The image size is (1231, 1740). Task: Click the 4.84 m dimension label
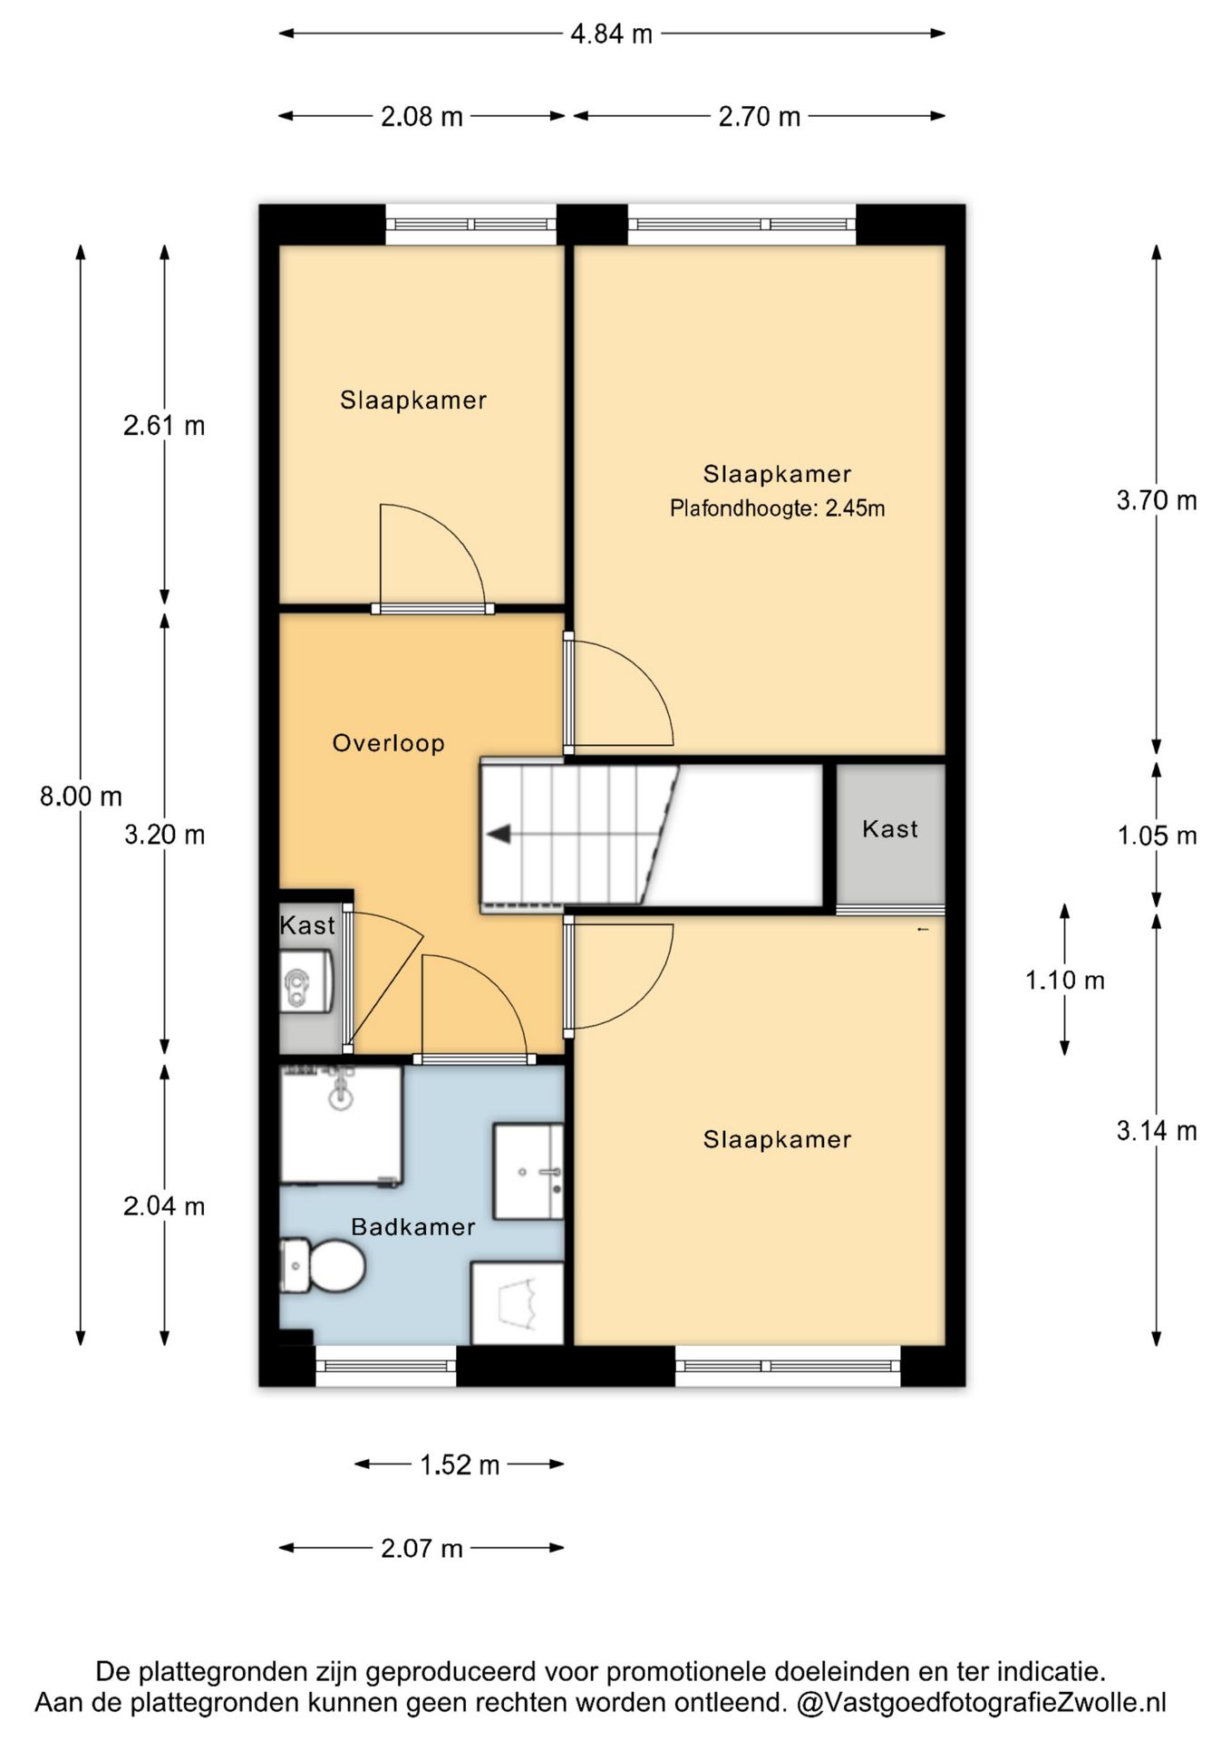click(611, 34)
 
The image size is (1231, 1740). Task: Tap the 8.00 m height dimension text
click(81, 797)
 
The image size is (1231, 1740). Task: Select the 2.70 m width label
click(760, 117)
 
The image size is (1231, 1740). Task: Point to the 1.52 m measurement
click(460, 1465)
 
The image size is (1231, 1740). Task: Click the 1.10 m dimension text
click(1065, 980)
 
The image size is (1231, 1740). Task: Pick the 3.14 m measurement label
click(1157, 1131)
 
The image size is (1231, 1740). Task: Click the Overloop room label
click(388, 743)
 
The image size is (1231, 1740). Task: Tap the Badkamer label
click(413, 1227)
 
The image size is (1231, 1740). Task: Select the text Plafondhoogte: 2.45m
click(777, 508)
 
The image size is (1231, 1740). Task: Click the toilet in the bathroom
click(323, 1265)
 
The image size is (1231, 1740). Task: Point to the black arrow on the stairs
click(499, 835)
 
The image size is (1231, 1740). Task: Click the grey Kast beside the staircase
click(890, 835)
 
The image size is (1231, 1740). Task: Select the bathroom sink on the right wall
click(528, 1172)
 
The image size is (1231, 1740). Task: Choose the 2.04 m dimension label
click(164, 1206)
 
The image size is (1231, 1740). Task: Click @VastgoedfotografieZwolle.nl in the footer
click(981, 1702)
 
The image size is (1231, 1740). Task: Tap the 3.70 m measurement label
click(1157, 500)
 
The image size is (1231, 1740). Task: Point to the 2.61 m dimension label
click(164, 425)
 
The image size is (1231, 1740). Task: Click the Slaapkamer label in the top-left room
click(413, 401)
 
